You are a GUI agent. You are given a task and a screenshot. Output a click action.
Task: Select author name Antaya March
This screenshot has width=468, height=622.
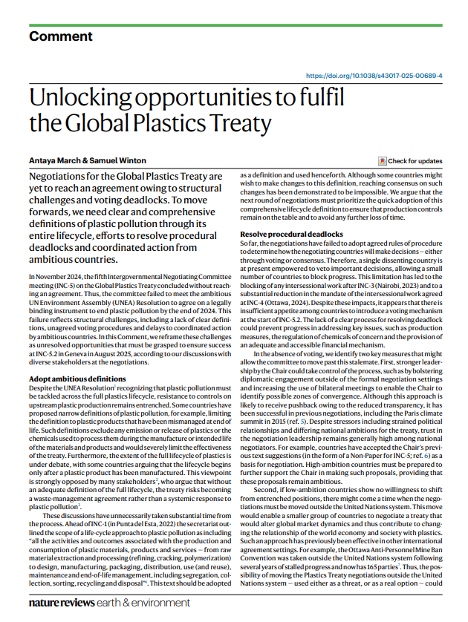tap(53, 161)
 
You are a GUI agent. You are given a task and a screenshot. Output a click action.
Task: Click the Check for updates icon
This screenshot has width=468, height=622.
tap(382, 161)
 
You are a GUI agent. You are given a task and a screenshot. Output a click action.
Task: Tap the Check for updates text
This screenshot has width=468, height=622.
tap(415, 161)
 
